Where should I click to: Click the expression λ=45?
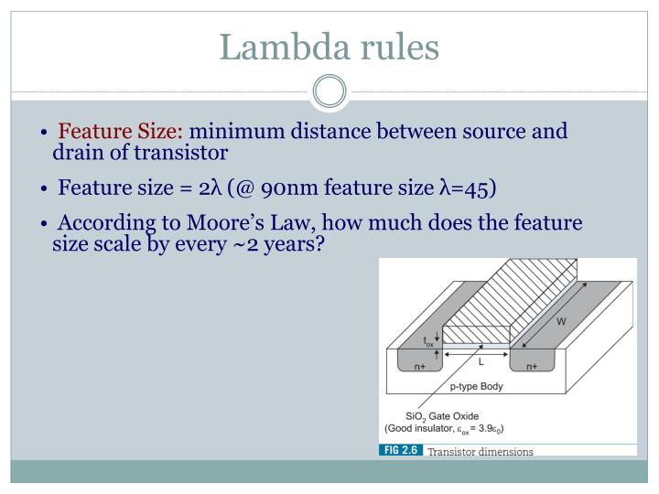point(468,190)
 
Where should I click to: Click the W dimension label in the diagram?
point(560,321)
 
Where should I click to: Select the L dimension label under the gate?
point(481,361)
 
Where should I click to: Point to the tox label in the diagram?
point(428,341)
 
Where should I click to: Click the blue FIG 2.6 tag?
point(400,450)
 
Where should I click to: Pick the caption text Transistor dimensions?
point(481,451)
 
